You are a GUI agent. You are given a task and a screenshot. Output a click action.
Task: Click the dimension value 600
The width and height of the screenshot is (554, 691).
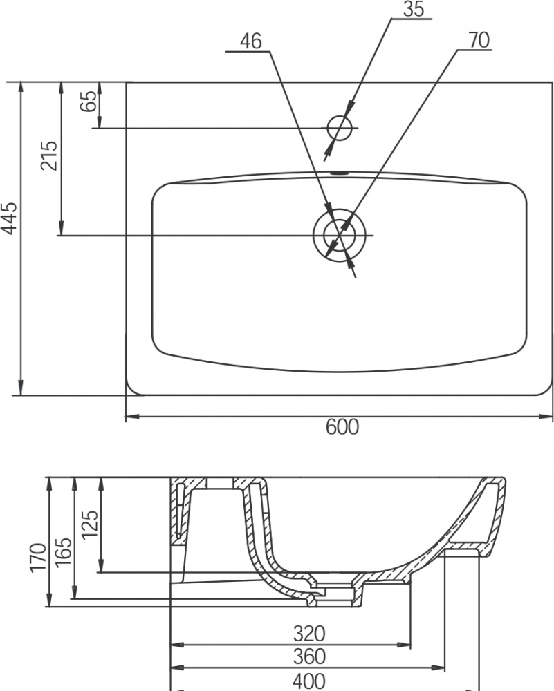(342, 427)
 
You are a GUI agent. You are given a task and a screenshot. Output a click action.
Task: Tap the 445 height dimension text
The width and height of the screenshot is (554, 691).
(9, 218)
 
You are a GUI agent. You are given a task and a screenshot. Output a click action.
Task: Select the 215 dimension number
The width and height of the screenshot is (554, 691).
(49, 155)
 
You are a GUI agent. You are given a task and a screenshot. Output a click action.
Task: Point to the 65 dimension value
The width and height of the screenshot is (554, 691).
(89, 102)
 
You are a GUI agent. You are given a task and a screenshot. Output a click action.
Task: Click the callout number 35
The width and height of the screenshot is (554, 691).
(414, 9)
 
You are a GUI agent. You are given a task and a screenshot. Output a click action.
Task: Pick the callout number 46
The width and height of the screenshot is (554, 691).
(251, 41)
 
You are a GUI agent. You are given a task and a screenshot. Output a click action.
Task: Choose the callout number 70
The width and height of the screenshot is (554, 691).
(479, 40)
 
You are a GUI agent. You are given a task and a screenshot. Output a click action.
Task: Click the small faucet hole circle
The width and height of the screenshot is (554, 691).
(340, 128)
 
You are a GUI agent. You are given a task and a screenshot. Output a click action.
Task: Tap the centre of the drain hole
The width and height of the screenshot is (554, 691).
(340, 235)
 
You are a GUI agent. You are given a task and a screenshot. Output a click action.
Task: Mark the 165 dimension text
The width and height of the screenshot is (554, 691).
(63, 551)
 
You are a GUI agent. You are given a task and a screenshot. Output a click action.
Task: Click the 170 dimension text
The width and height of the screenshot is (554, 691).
(38, 558)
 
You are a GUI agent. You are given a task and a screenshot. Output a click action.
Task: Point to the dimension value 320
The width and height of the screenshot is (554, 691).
(309, 634)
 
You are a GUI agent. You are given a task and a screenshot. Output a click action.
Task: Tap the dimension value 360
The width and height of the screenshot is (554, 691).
(309, 656)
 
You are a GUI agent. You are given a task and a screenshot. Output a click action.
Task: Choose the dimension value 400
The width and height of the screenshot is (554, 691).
(309, 681)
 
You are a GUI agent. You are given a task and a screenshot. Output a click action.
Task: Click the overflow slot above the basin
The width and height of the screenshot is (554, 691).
(340, 173)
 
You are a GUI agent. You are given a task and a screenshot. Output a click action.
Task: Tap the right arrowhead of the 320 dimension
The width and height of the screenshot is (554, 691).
(404, 645)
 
